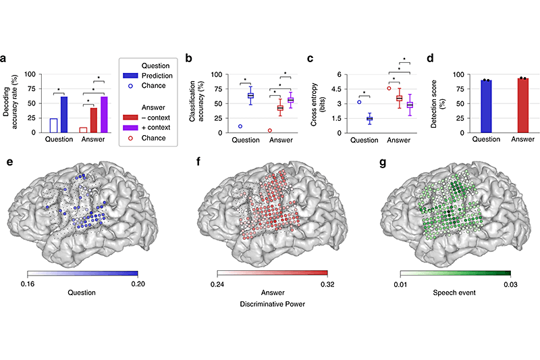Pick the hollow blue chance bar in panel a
(x=53, y=125)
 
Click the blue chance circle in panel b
(x=240, y=126)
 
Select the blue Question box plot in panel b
(x=250, y=95)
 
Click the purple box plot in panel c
(x=408, y=105)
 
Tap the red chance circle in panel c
(x=389, y=88)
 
